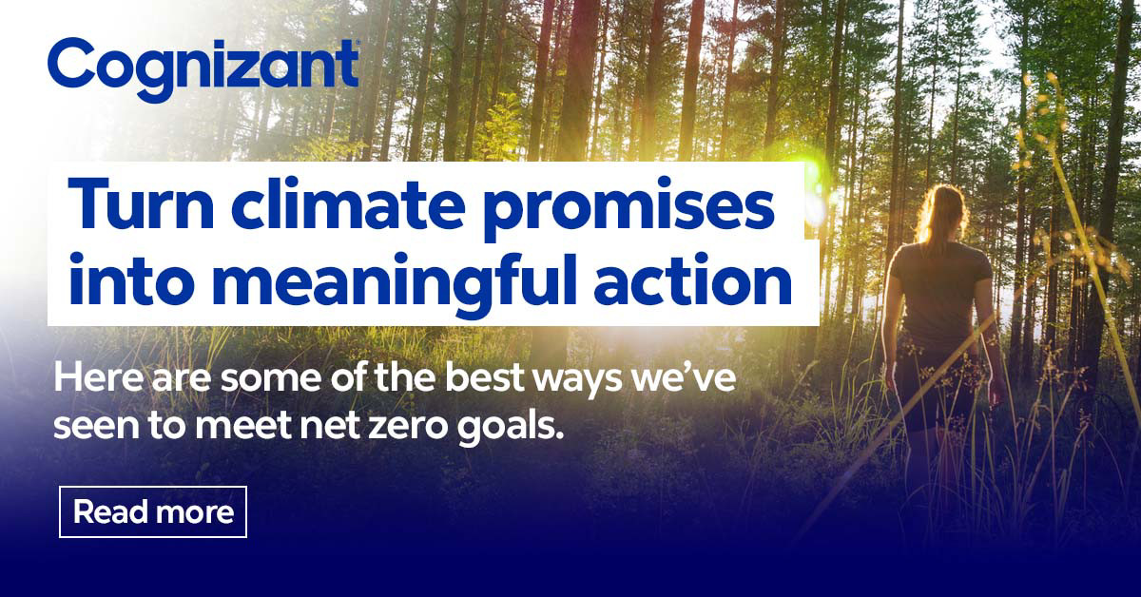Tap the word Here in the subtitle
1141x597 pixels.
click(x=93, y=377)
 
